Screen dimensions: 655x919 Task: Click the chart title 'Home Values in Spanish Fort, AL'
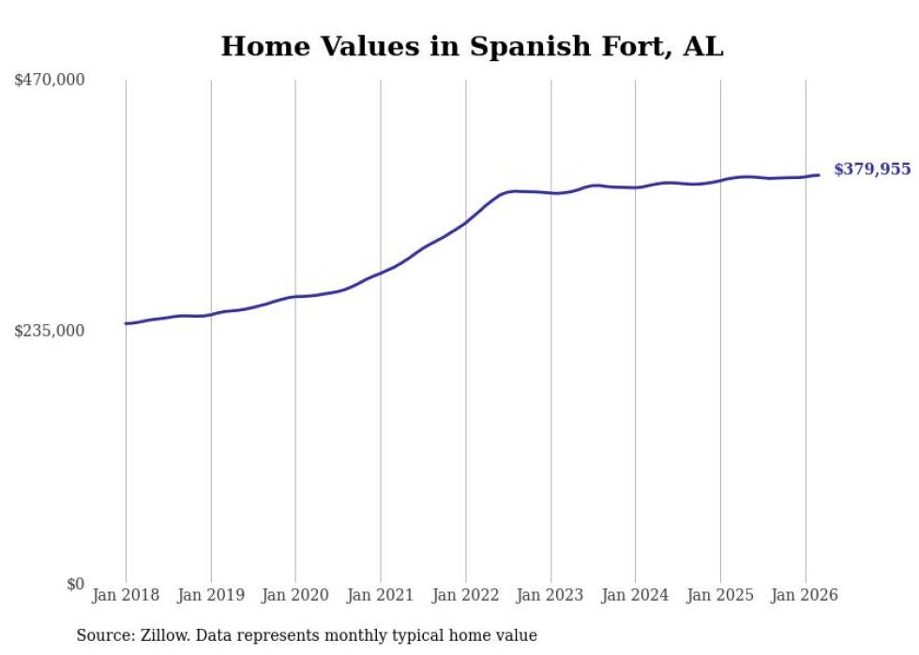tap(472, 47)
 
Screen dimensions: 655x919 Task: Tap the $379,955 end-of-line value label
tap(872, 170)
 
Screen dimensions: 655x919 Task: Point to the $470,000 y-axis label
tap(50, 81)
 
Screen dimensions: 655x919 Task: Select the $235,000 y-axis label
tap(50, 331)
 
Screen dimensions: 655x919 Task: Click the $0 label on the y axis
tap(75, 584)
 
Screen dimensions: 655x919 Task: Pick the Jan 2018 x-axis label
tap(126, 596)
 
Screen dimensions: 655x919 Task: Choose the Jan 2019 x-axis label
tap(211, 596)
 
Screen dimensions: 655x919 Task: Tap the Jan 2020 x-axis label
tap(295, 596)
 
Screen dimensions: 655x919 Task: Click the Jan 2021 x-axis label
tap(381, 596)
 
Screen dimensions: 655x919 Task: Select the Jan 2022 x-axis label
tap(465, 596)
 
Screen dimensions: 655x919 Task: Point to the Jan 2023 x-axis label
tap(550, 596)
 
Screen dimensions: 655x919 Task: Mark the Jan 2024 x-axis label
tap(635, 596)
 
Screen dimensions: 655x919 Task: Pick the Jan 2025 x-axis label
tap(720, 596)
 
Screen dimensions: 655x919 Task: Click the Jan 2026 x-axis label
tap(805, 596)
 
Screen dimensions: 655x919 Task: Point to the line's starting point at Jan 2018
tap(126, 323)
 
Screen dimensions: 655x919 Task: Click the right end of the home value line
tap(819, 175)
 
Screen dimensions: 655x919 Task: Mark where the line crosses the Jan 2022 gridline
tap(465, 223)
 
